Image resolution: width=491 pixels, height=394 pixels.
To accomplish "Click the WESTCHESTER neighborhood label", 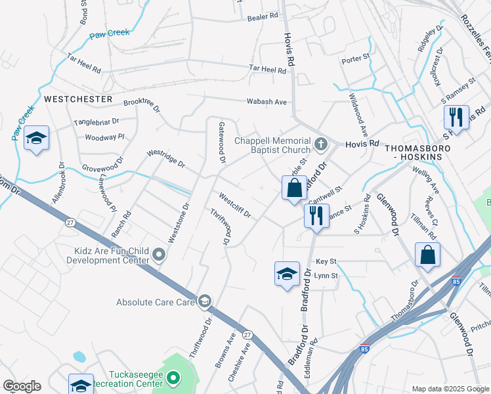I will (78, 98).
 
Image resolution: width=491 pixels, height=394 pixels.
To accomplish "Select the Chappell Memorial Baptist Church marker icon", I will (321, 142).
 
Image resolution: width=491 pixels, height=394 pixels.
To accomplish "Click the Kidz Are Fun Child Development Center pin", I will (158, 254).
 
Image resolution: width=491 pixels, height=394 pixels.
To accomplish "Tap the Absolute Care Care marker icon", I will (204, 301).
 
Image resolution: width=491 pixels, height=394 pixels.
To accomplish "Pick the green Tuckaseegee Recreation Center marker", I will (173, 378).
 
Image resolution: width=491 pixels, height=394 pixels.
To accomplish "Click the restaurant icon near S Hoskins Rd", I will (456, 118).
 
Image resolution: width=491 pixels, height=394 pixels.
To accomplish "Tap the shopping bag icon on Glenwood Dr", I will (427, 255).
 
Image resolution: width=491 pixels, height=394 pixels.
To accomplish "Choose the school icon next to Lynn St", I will (287, 274).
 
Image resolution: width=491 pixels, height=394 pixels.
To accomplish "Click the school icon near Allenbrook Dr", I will (36, 139).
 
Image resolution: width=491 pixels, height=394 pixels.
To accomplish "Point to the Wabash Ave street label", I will (267, 102).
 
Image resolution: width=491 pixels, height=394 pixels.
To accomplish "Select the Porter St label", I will (356, 60).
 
